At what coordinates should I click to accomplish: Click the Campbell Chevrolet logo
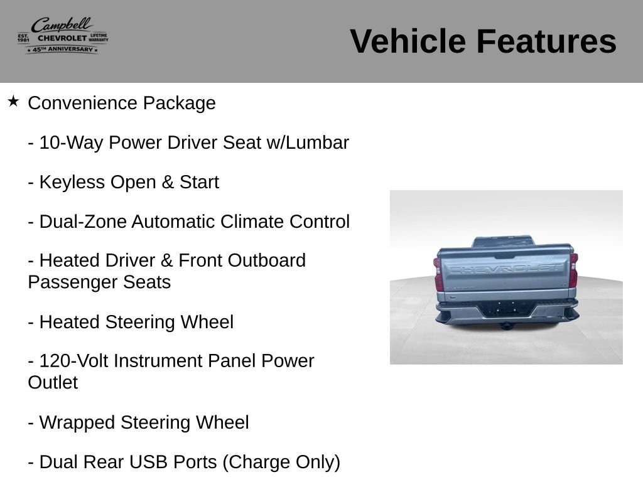click(x=63, y=36)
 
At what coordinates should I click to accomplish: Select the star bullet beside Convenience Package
click(x=13, y=101)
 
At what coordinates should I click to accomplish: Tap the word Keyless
click(x=72, y=183)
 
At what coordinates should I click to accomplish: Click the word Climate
click(x=252, y=222)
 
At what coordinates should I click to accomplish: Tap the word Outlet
click(x=53, y=383)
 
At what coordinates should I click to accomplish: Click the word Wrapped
click(x=77, y=423)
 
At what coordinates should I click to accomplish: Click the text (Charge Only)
click(x=281, y=463)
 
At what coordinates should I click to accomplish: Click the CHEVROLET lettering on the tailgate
click(x=504, y=269)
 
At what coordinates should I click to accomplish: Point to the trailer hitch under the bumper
click(x=507, y=326)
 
